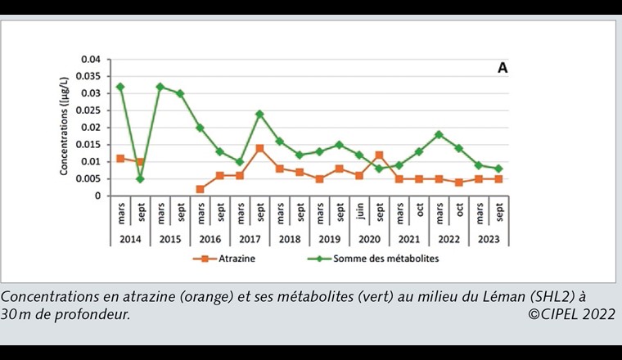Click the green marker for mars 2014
click(x=120, y=87)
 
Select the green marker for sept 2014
click(x=140, y=179)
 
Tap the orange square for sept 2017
click(x=259, y=148)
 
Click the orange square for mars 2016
click(x=201, y=189)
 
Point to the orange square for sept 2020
click(x=379, y=155)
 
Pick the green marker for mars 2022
click(x=439, y=134)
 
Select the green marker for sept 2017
click(x=259, y=114)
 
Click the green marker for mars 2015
click(x=160, y=87)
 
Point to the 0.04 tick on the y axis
click(x=89, y=60)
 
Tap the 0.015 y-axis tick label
click(x=87, y=145)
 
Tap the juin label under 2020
click(x=359, y=214)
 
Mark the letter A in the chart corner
click(x=503, y=69)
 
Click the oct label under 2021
click(x=419, y=214)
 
